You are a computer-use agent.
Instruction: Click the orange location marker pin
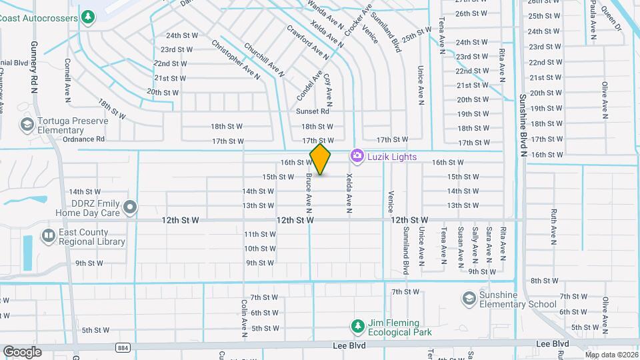click(x=321, y=159)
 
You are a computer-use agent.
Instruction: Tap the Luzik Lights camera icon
click(x=357, y=156)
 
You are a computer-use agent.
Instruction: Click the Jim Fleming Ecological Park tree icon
click(x=357, y=325)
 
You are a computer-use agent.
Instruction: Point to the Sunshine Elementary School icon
click(x=469, y=297)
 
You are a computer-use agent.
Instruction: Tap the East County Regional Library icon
click(x=49, y=235)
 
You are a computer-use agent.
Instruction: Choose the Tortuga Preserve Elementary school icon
click(x=27, y=124)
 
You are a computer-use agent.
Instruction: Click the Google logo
click(x=22, y=351)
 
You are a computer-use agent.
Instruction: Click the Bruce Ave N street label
click(x=309, y=190)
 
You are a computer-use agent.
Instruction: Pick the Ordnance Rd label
click(x=84, y=139)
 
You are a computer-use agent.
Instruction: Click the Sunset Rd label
click(x=313, y=111)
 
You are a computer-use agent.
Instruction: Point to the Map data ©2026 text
click(x=611, y=355)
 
